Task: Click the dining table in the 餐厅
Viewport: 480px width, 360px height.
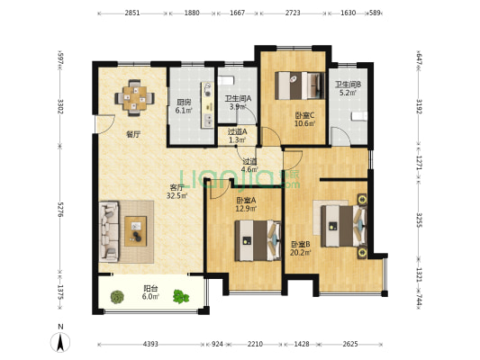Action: pos(135,98)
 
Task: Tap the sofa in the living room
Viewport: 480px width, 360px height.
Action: pos(109,231)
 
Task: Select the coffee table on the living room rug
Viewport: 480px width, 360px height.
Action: pos(136,231)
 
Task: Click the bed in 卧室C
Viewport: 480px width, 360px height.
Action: pos(300,85)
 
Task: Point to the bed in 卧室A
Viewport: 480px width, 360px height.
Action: pos(258,240)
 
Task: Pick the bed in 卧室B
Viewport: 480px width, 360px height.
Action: pos(344,226)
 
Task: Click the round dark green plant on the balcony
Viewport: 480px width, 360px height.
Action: pos(117,296)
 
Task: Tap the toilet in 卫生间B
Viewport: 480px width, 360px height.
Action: pos(358,117)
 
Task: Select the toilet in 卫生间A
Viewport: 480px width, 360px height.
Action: pos(225,80)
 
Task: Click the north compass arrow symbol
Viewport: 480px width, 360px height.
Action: pos(60,342)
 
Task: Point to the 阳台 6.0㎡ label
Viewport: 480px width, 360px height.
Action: pos(150,292)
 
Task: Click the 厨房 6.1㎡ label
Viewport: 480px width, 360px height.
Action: pos(184,106)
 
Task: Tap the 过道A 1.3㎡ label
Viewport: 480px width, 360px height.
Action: pos(237,136)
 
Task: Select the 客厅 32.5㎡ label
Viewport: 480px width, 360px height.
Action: pos(177,192)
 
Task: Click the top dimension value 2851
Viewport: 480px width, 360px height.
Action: pos(132,13)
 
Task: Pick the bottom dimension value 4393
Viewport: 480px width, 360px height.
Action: pos(150,344)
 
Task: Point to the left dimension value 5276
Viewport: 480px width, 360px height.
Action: pos(60,210)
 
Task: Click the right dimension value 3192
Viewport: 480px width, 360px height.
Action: pos(420,106)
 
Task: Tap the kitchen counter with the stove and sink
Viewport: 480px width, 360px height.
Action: pos(207,104)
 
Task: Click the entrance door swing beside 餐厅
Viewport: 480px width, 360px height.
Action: pos(104,124)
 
